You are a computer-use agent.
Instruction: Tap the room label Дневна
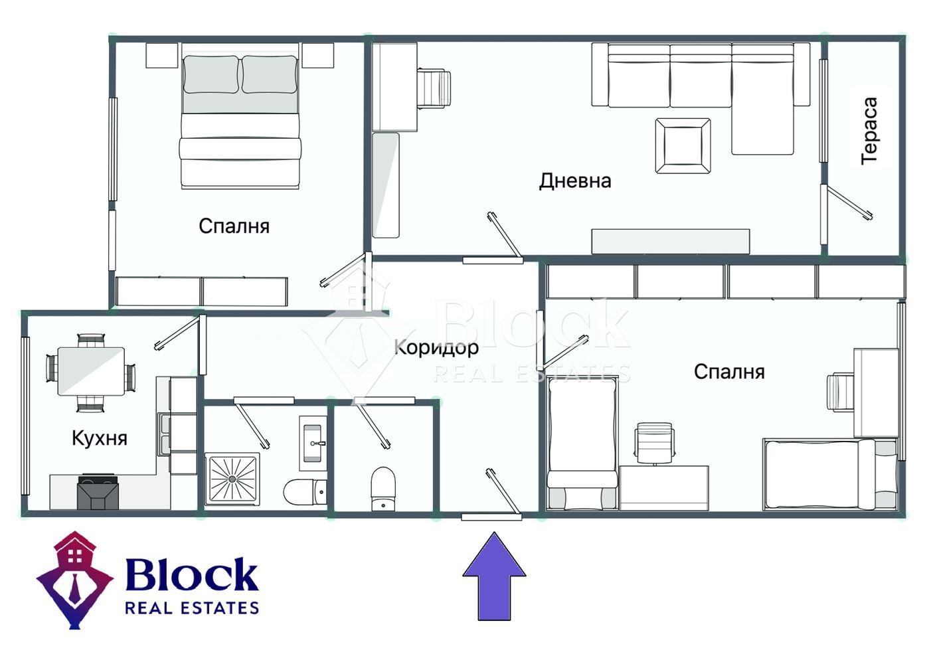(x=575, y=181)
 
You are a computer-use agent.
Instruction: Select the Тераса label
(x=869, y=131)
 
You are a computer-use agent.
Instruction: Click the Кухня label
(x=100, y=438)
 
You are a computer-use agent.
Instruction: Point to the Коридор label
(x=436, y=348)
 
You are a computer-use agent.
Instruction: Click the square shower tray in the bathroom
(x=232, y=479)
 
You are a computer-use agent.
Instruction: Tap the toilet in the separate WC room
(x=382, y=489)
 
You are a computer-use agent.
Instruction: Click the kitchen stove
(x=98, y=491)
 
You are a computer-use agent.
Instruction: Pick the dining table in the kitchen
(x=91, y=371)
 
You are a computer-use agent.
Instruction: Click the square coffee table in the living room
(x=683, y=146)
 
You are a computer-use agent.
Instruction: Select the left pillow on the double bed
(x=211, y=74)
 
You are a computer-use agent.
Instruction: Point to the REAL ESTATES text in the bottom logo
(x=192, y=608)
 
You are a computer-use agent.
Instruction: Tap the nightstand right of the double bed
(x=318, y=55)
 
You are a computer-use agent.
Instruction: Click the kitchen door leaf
(x=177, y=333)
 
